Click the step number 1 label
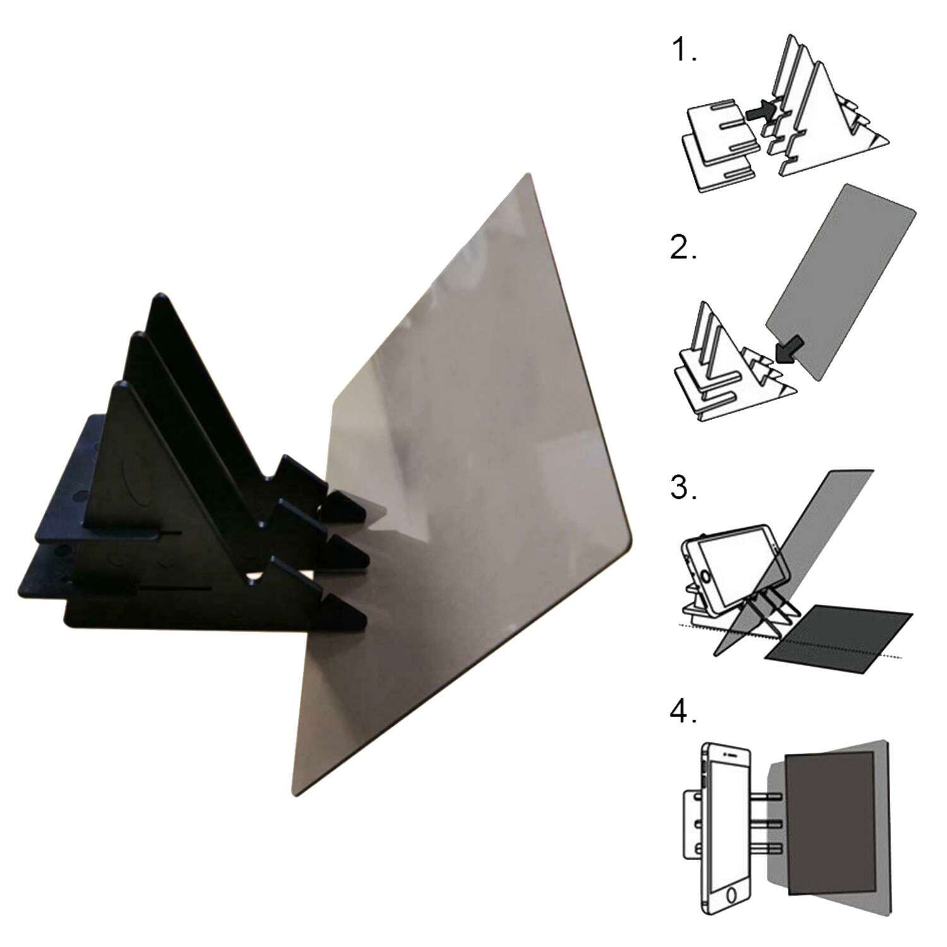683,50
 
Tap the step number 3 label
683,487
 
